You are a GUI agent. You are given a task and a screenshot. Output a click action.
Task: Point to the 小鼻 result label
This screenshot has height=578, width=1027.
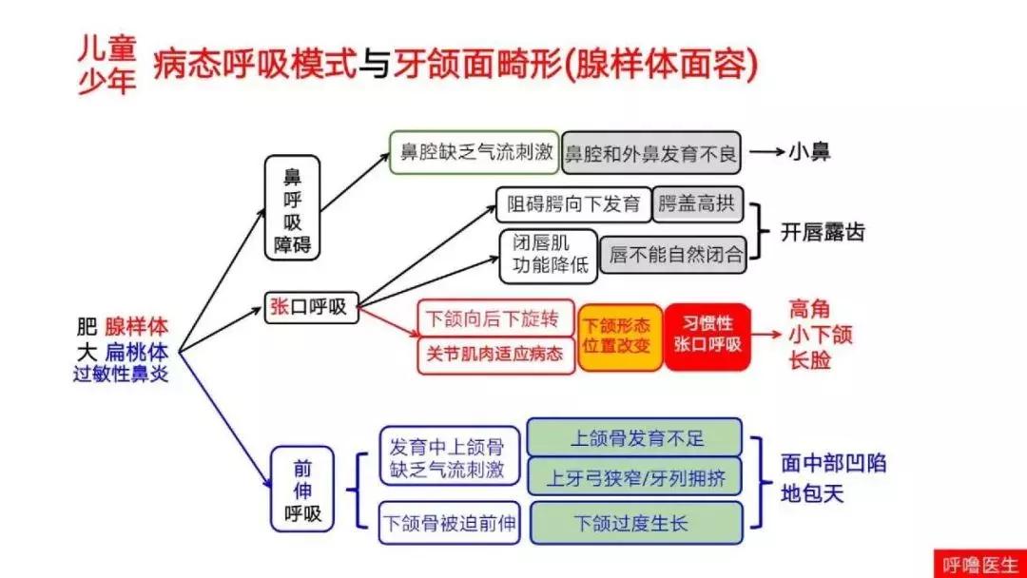pyautogui.click(x=808, y=152)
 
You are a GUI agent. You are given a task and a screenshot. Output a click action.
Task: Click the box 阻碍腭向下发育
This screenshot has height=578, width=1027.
pyautogui.click(x=572, y=204)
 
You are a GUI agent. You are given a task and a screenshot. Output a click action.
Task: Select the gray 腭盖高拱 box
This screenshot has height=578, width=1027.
pyautogui.click(x=697, y=204)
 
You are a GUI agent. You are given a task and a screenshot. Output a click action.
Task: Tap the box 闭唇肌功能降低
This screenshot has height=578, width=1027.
pyautogui.click(x=548, y=255)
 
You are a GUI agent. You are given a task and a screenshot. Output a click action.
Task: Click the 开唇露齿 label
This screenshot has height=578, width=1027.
pyautogui.click(x=823, y=232)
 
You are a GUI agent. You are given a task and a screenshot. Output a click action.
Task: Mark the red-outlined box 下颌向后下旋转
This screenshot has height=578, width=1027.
pyautogui.click(x=494, y=318)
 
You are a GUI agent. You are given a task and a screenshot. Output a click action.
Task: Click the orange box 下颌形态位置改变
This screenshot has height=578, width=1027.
pyautogui.click(x=620, y=336)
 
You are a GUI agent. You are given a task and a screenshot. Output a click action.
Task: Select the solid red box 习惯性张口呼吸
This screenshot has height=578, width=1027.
pyautogui.click(x=707, y=336)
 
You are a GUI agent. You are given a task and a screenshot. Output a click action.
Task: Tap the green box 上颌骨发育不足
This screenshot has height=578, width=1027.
pyautogui.click(x=636, y=438)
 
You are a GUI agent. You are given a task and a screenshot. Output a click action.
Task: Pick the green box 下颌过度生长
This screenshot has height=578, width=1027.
pyautogui.click(x=636, y=523)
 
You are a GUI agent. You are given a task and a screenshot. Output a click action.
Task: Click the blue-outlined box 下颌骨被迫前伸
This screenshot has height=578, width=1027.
pyautogui.click(x=449, y=523)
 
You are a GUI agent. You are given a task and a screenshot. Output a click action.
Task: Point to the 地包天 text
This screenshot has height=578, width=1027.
pyautogui.click(x=812, y=494)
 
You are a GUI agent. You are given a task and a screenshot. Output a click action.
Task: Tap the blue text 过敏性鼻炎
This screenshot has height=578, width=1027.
pyautogui.click(x=120, y=374)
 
